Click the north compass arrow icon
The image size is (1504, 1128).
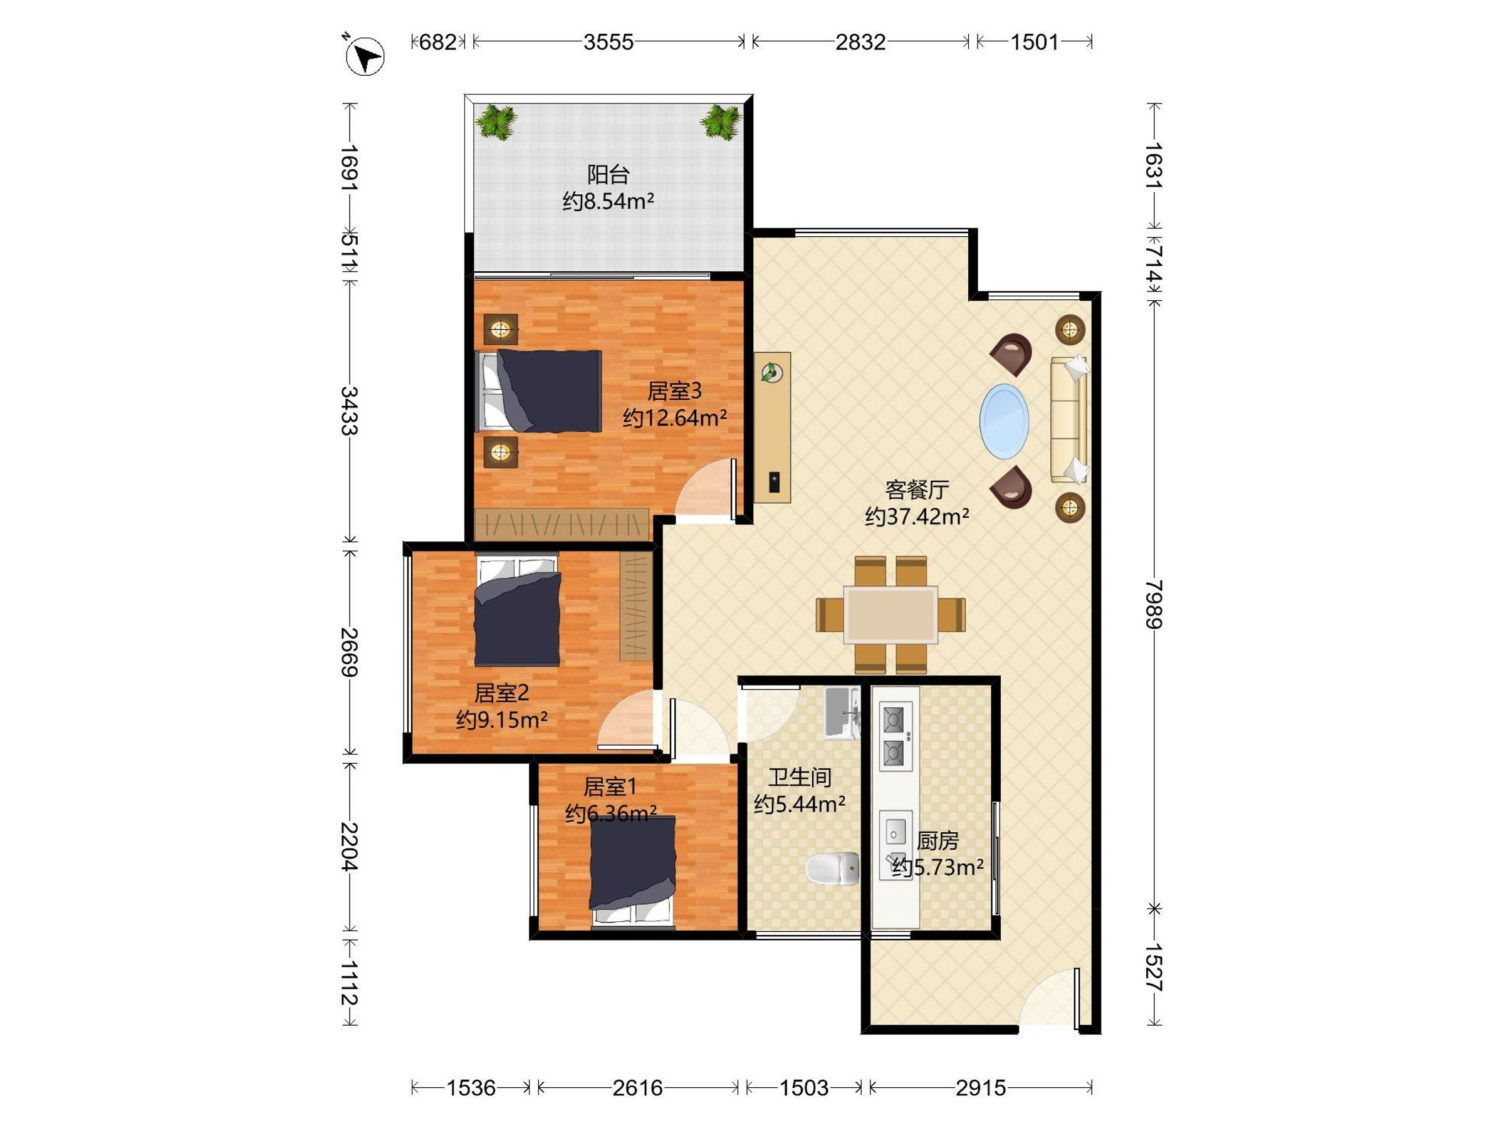tap(365, 55)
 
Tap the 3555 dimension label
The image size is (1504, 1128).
tap(608, 42)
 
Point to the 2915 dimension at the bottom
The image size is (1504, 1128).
tap(981, 1088)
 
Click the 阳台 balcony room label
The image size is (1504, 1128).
tap(608, 175)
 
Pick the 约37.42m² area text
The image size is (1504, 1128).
tap(917, 517)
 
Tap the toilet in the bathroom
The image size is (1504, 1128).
tap(833, 869)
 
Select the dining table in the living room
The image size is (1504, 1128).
tap(890, 615)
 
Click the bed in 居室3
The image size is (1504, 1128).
tap(538, 391)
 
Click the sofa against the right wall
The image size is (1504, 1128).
tap(1070, 419)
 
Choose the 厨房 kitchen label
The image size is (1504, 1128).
tap(937, 841)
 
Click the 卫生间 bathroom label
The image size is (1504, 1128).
tap(800, 777)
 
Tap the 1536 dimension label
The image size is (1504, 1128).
tap(471, 1088)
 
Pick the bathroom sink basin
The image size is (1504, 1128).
tap(842, 713)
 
